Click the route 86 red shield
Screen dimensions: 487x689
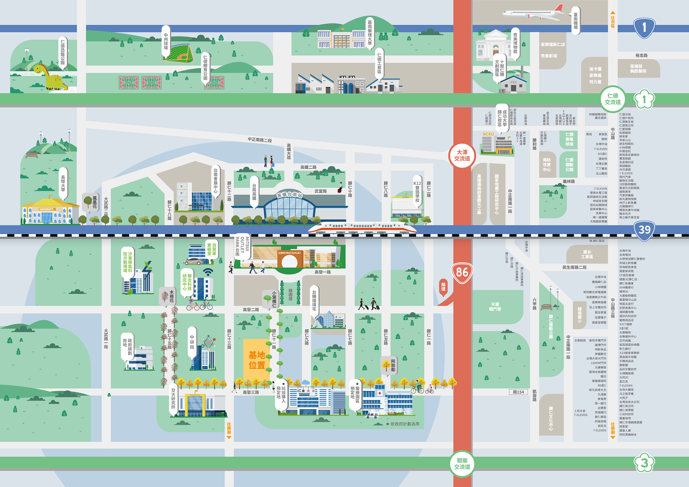462,273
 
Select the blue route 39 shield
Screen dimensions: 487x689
644,230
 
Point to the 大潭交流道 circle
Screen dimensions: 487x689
462,155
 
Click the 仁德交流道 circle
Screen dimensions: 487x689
613,99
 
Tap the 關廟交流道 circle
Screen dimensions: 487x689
462,463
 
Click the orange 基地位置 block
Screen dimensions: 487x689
257,360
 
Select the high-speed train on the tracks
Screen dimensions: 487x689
362,227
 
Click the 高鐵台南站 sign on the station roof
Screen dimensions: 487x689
289,194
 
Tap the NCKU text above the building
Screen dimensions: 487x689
488,134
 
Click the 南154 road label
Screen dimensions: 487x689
518,392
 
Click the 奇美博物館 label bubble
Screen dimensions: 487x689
515,43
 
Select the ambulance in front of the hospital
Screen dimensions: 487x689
372,415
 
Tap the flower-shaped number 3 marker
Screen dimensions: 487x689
644,463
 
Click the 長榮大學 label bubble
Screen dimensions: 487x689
63,183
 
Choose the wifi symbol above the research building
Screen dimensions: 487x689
208,272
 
